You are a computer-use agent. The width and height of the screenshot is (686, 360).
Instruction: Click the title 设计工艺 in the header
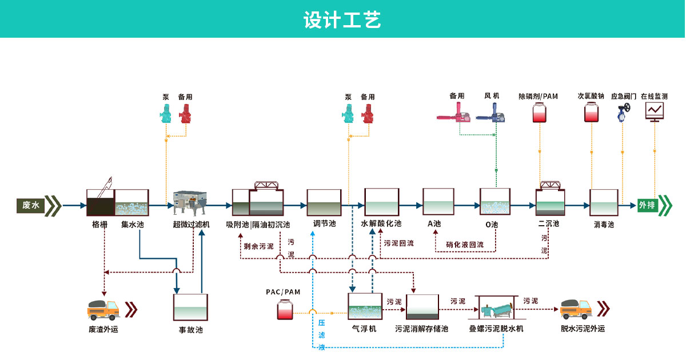[342, 19]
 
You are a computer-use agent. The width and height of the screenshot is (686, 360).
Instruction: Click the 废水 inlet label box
[32, 205]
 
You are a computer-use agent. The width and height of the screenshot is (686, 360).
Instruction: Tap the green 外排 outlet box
[648, 205]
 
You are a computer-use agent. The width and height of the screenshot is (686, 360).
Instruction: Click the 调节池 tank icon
[324, 203]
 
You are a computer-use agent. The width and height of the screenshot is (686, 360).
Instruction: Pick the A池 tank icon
[438, 202]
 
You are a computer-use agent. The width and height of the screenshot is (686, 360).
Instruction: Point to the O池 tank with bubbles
[495, 202]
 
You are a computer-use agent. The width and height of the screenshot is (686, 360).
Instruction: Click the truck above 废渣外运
[103, 310]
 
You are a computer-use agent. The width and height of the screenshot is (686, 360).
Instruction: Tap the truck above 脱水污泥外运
[576, 309]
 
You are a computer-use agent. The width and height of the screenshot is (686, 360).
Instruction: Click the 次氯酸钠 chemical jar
[591, 113]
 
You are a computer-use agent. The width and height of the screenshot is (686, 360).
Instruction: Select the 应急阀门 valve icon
[623, 113]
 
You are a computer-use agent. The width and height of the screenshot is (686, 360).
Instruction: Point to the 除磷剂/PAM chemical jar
[539, 113]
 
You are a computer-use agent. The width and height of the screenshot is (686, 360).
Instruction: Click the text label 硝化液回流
[464, 245]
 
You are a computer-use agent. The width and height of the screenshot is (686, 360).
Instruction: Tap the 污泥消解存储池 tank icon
[422, 307]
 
